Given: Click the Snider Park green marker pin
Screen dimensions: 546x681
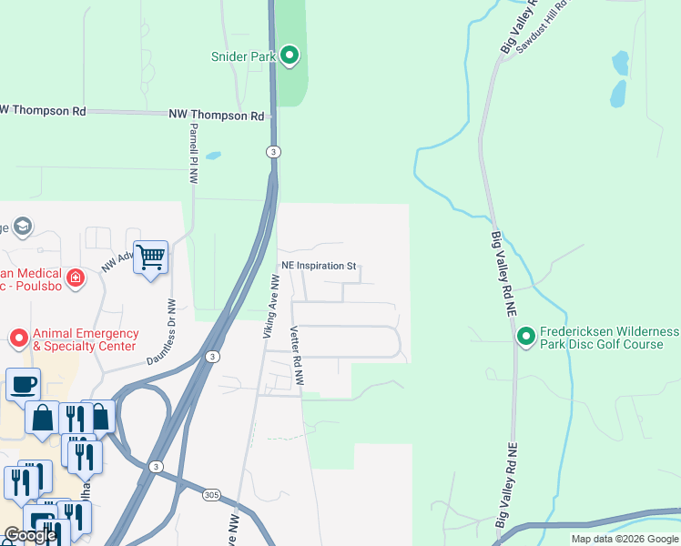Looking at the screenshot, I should (x=290, y=56).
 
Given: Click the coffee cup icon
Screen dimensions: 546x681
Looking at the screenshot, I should (x=23, y=384).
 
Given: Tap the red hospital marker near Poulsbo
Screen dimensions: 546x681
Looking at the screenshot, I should (x=76, y=276).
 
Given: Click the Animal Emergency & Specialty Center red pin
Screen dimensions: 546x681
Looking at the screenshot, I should (x=18, y=339).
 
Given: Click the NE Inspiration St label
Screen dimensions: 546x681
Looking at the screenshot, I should (x=318, y=266).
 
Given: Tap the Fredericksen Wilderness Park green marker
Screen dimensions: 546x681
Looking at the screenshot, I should (x=525, y=338).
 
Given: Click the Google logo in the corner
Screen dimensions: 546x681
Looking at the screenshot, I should (x=30, y=535).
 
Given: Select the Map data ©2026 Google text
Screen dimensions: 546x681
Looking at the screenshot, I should (x=625, y=539).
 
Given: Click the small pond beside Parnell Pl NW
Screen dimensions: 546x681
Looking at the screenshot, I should (x=213, y=156).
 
